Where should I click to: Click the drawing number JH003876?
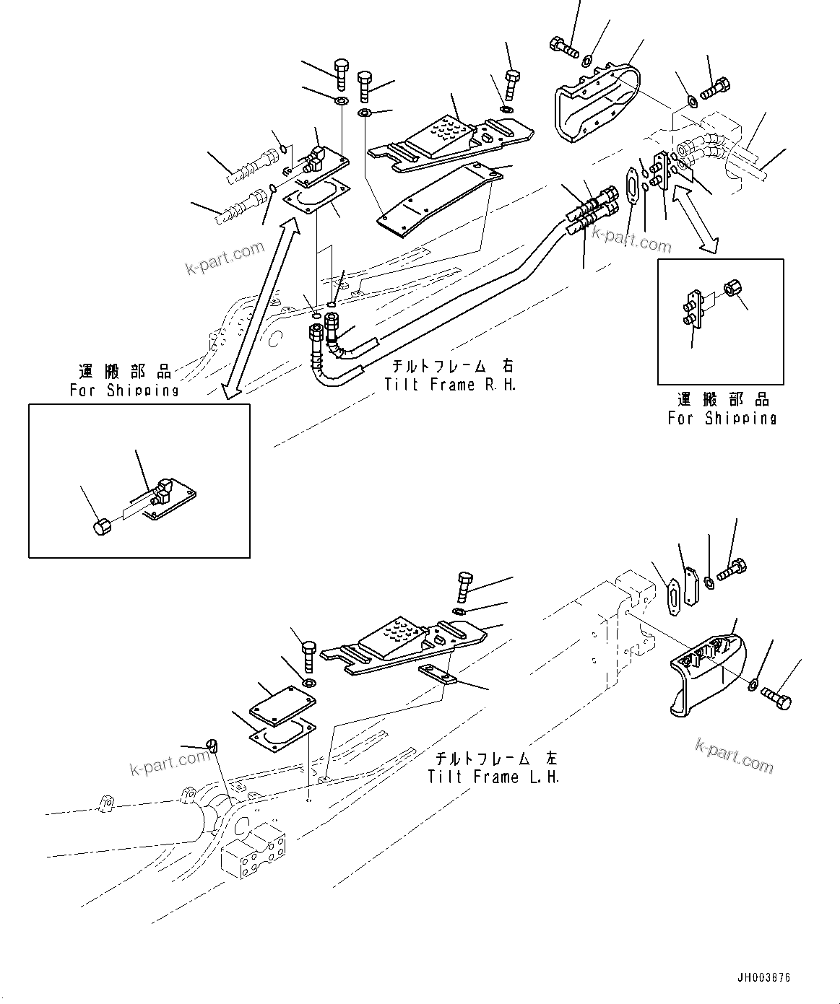[x=763, y=978]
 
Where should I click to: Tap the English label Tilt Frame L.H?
[x=493, y=777]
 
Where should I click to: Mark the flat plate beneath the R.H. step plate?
[x=439, y=197]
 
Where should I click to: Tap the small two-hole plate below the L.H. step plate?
[x=438, y=674]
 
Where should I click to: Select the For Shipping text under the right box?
[x=722, y=418]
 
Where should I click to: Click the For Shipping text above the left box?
[x=124, y=390]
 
